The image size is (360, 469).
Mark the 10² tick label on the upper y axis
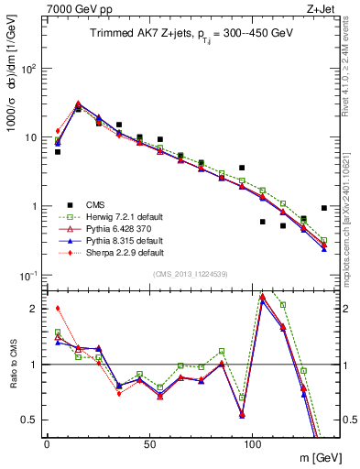(x=27, y=69)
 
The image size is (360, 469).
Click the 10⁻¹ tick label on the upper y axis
(x=27, y=276)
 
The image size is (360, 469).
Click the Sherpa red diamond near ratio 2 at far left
(x=58, y=309)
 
